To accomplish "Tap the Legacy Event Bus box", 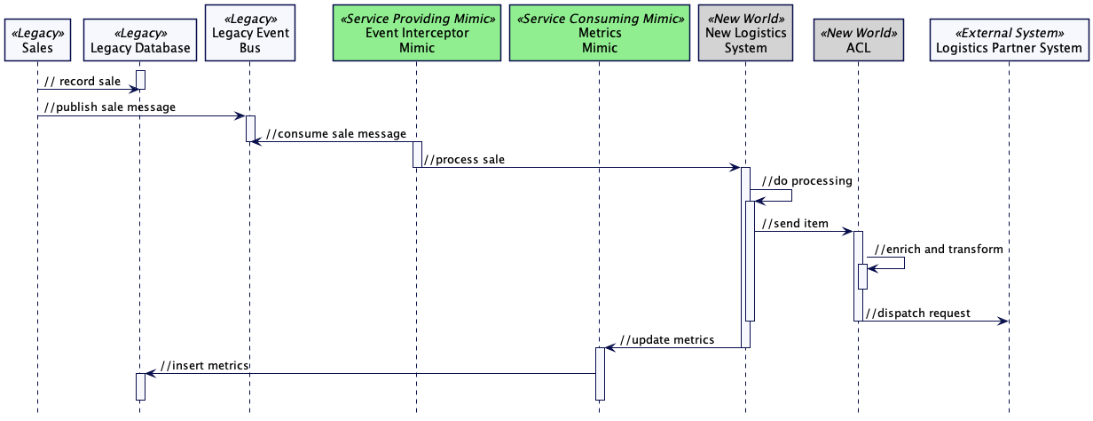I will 249,33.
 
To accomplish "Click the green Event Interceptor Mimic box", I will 416,33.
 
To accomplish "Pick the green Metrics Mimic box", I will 600,33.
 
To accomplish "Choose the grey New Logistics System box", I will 745,33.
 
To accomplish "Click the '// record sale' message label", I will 83,82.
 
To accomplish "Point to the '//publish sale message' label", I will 110,107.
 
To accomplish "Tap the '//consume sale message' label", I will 336,134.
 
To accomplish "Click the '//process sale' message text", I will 465,160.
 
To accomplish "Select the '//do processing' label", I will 806,180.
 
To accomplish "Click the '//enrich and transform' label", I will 939,249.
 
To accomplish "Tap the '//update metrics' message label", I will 667,339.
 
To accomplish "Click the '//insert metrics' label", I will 204,365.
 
